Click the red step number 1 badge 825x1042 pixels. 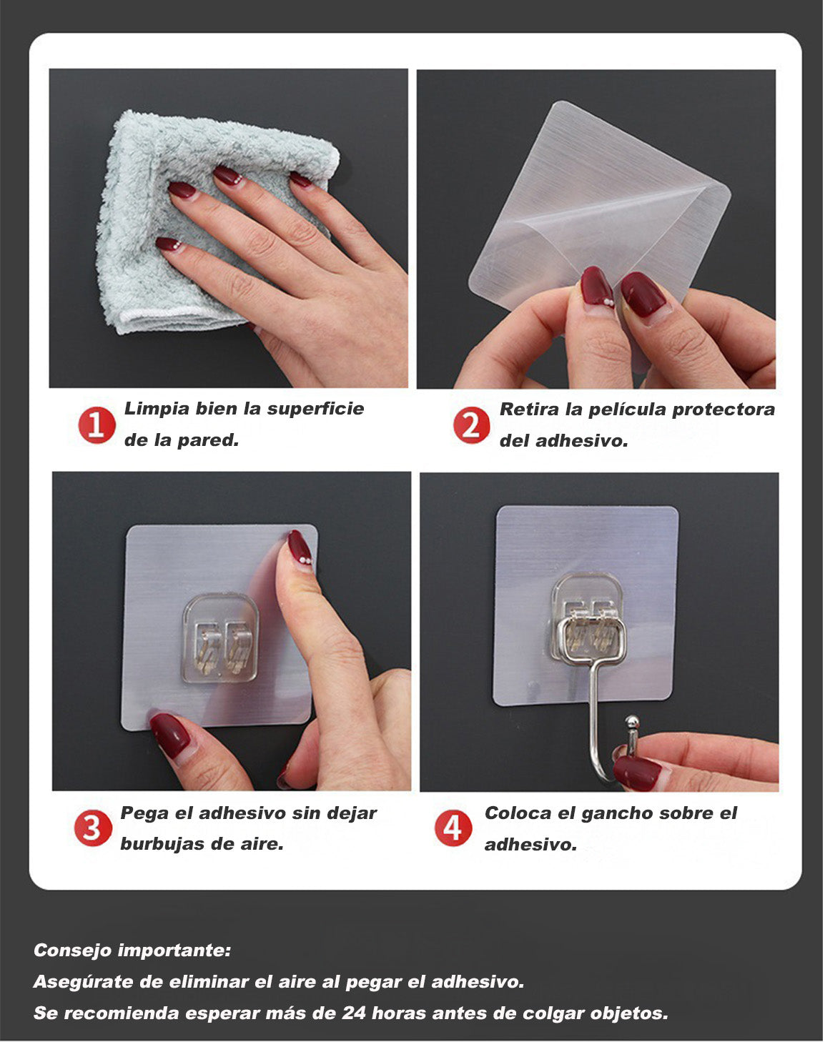[97, 425]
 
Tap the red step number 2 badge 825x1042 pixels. [471, 426]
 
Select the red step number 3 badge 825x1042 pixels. [93, 829]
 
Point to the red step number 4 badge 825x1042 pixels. [453, 829]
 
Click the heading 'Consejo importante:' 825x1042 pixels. [132, 951]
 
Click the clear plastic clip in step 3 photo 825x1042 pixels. [220, 637]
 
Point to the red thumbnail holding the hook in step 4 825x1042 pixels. [637, 773]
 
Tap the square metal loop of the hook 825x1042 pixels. [591, 640]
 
